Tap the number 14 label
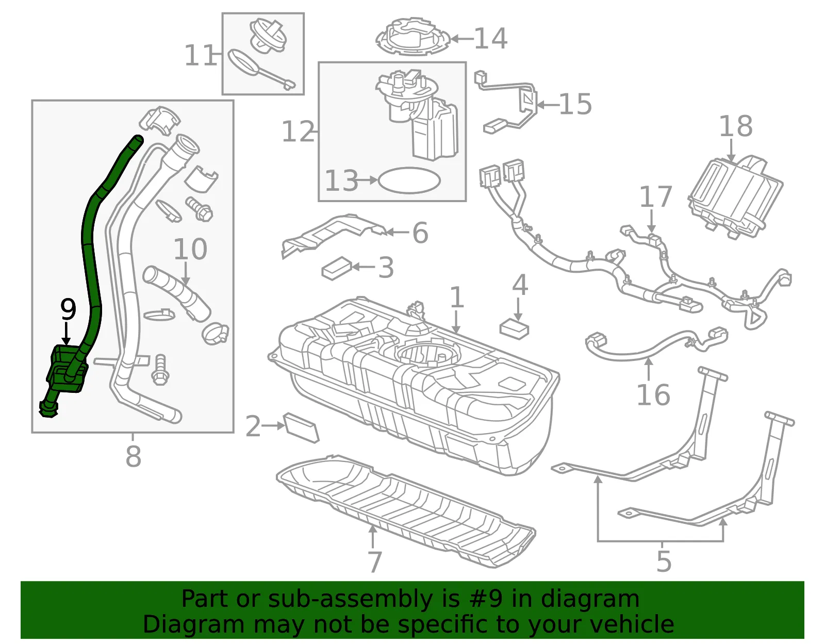pos(490,38)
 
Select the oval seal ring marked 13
pos(409,180)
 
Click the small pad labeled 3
pos(337,268)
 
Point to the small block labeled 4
pos(515,329)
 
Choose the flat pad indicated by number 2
pos(302,427)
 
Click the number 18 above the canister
pos(736,126)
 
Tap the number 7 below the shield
pos(374,562)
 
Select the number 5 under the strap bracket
pos(664,561)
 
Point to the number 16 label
pos(653,395)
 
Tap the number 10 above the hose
pos(190,249)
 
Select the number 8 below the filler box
pos(133,456)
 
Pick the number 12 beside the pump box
pos(298,131)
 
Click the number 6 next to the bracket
pos(420,233)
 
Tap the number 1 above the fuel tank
pos(457,297)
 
